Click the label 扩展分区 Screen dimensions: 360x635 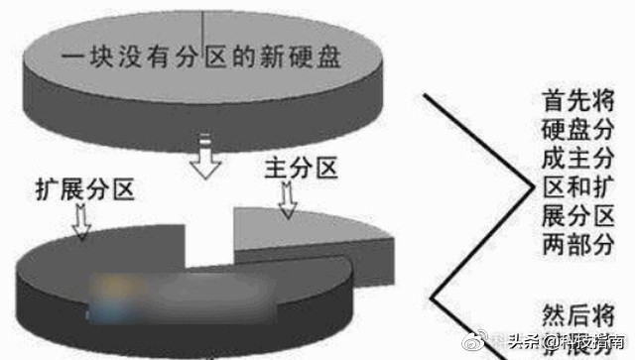click(84, 188)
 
